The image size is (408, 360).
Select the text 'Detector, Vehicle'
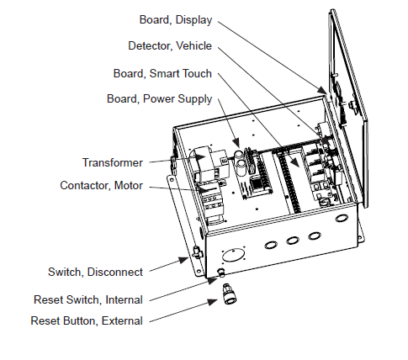tap(170, 45)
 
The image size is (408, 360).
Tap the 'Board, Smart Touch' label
tap(162, 73)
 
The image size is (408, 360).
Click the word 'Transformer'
tap(112, 161)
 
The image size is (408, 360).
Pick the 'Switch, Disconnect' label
tap(95, 272)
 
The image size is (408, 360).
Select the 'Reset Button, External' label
tap(87, 320)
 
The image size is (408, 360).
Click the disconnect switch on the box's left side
tap(196, 251)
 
